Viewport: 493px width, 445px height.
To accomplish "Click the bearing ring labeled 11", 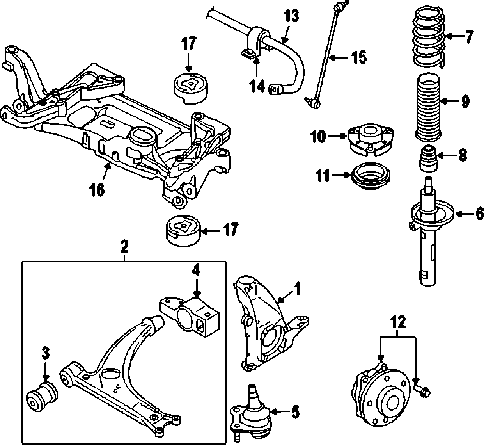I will pyautogui.click(x=371, y=176).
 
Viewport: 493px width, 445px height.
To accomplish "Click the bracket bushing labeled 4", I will pyautogui.click(x=190, y=315).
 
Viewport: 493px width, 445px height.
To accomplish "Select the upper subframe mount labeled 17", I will pyautogui.click(x=190, y=88).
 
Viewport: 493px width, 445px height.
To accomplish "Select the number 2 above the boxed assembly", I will pyautogui.click(x=124, y=246).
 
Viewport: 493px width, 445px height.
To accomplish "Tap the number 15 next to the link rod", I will pyautogui.click(x=358, y=58).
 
